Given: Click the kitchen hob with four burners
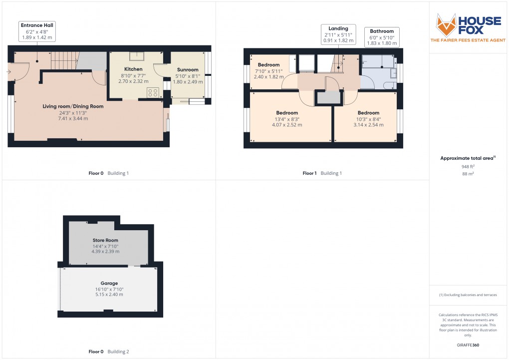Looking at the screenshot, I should click(153, 92).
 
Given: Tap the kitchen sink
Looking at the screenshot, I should click(135, 56).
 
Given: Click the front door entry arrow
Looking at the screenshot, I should click(9, 72).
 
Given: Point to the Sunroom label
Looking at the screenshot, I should click(188, 70).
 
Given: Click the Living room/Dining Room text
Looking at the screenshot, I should click(73, 106).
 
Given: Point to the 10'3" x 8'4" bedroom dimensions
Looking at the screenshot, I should click(368, 122).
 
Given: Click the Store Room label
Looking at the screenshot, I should click(105, 240).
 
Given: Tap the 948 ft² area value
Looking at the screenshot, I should click(468, 166).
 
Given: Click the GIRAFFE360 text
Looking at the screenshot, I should click(468, 345).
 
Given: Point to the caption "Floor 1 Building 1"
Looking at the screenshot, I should click(322, 173).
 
